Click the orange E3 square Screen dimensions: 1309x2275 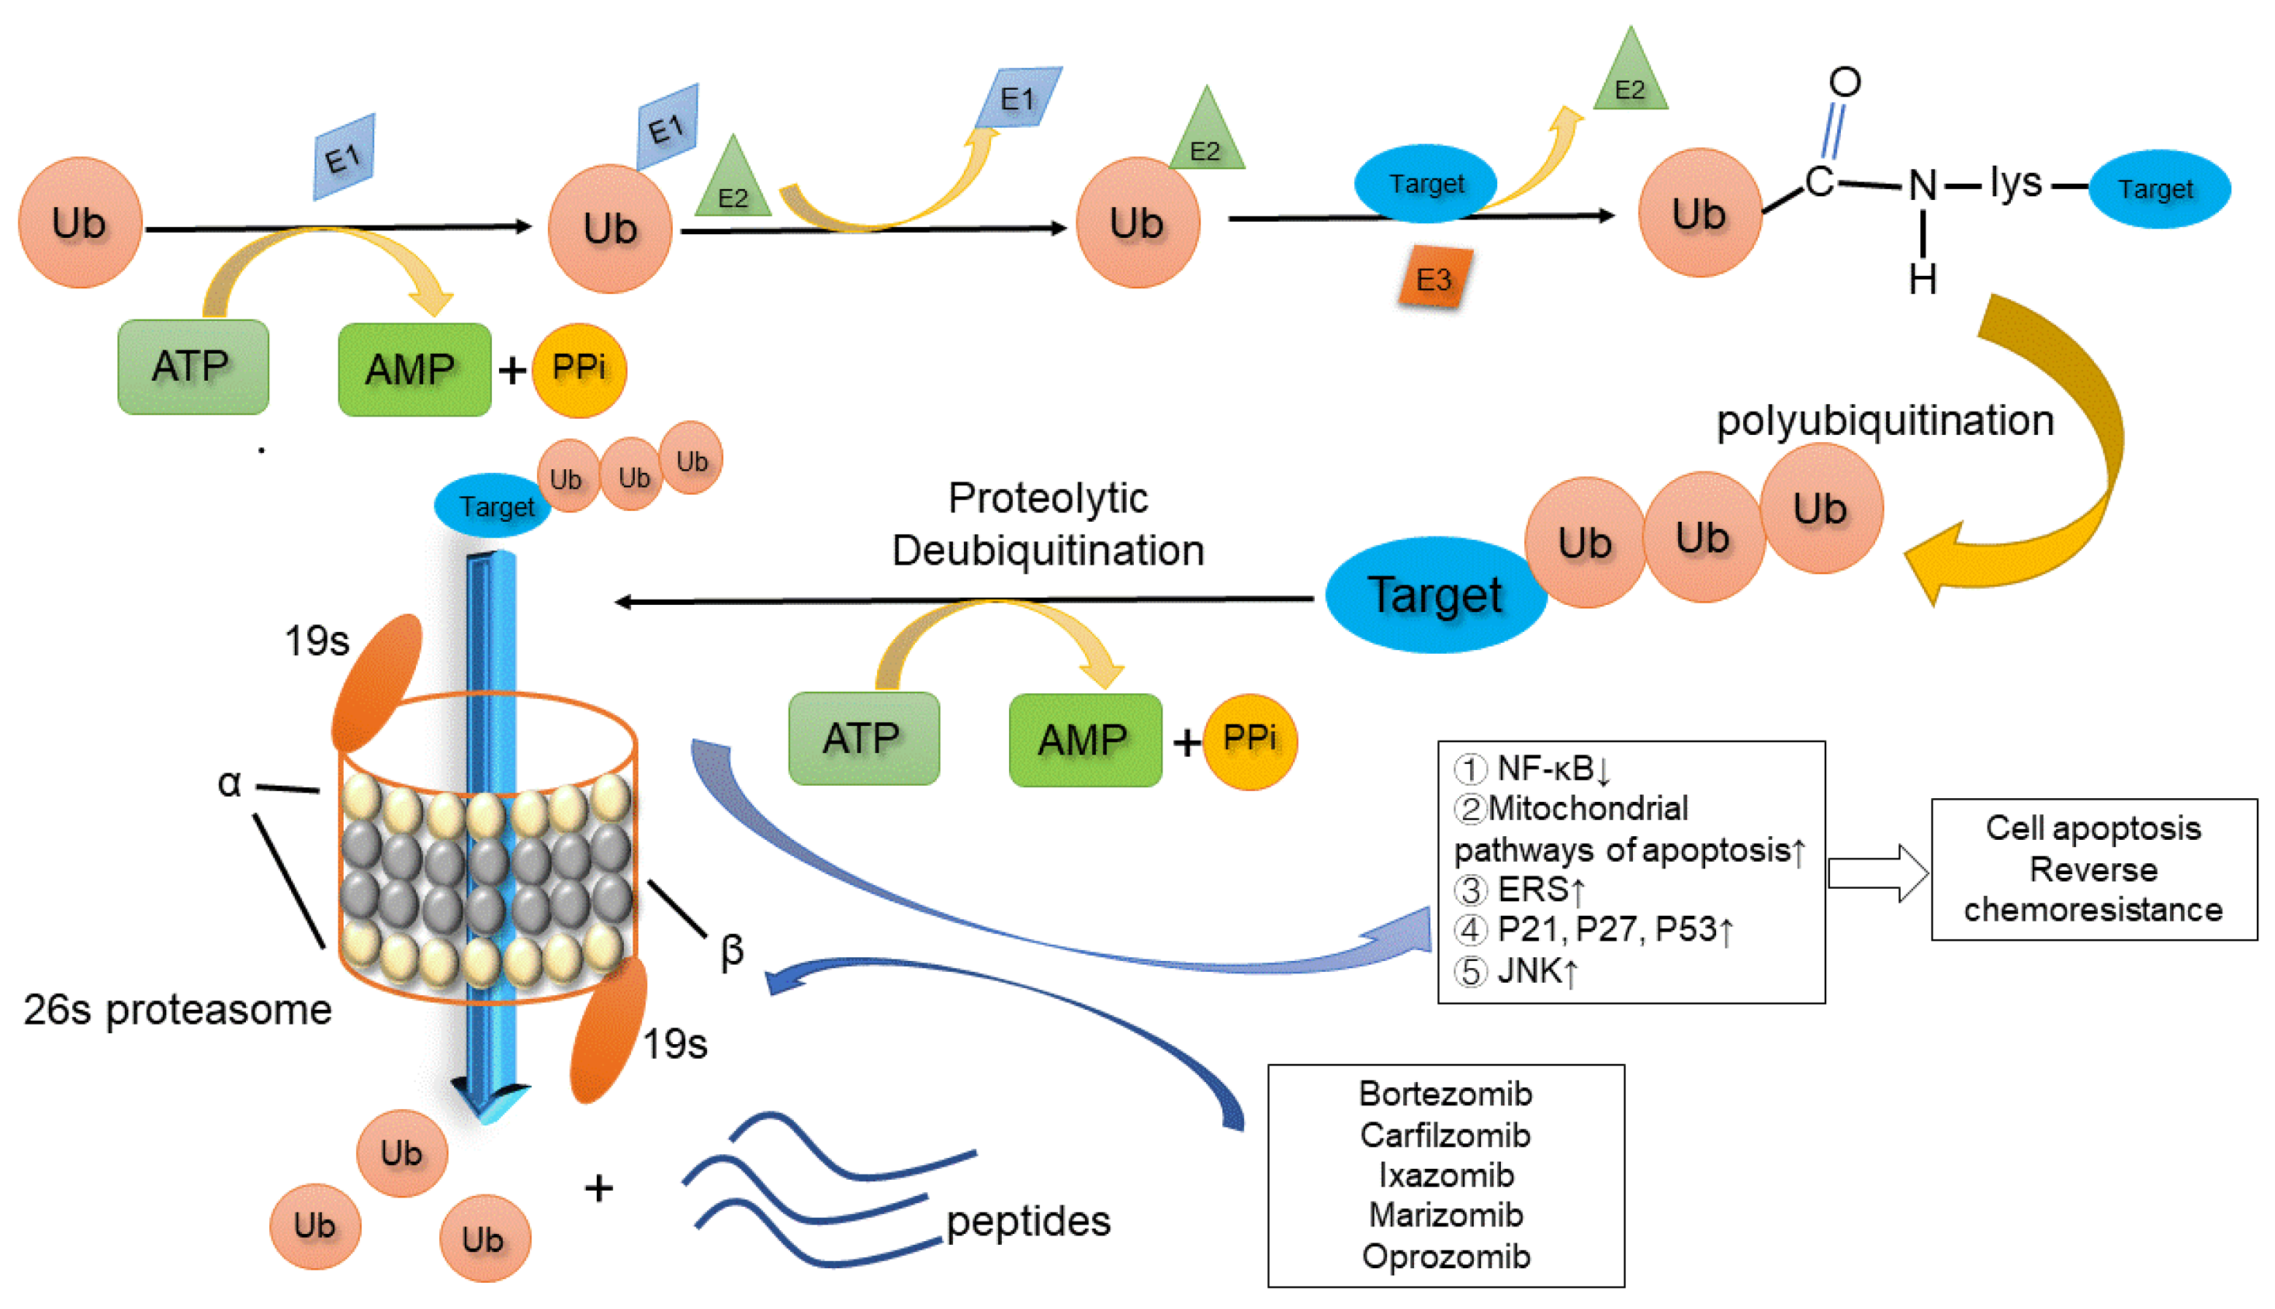coord(1434,278)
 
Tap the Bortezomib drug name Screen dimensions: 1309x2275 coord(1445,1094)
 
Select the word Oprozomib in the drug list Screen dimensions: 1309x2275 coord(1445,1256)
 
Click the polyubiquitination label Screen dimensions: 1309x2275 coord(1884,421)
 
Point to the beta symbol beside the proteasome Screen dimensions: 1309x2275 coord(732,950)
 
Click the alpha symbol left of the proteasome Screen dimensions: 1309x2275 coord(229,783)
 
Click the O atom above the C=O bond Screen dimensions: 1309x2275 coord(1844,82)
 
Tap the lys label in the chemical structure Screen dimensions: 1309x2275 coord(2015,182)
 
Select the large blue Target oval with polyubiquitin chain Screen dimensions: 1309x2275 coord(1434,595)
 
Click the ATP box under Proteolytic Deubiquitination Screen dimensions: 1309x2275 coord(863,738)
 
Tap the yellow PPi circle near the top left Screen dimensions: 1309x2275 coord(578,369)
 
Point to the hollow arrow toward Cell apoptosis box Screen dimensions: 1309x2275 coord(1877,872)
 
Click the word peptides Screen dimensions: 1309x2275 coord(1027,1221)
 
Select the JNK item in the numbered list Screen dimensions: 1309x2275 coord(1535,972)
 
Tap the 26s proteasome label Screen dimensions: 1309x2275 coord(177,1010)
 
